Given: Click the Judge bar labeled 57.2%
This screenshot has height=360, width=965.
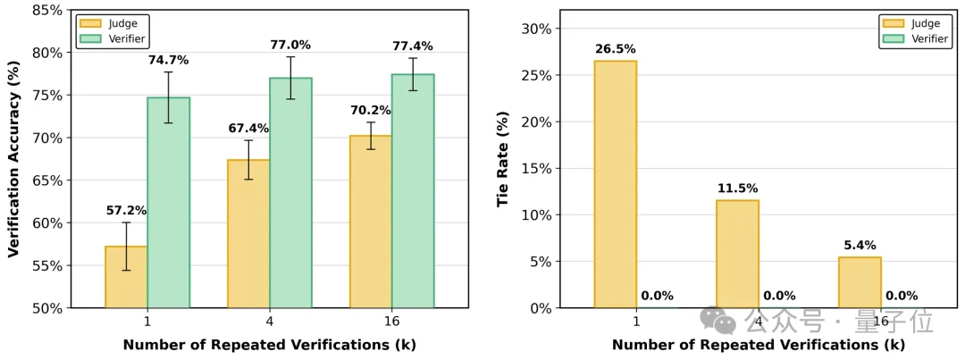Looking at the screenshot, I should pos(126,277).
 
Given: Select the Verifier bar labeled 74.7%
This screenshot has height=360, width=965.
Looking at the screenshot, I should pos(168,203).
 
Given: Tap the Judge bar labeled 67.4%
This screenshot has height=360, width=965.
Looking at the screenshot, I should pos(248,234).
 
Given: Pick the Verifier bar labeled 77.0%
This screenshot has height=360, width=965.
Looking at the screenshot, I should pos(290,193).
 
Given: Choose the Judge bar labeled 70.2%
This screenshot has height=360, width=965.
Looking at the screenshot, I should pos(371,222).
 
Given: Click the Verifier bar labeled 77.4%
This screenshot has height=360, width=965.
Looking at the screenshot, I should pos(413,191).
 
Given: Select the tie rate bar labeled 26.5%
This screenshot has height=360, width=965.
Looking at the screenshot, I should pos(615,184).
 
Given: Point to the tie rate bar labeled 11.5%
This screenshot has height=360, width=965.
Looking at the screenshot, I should pos(737,254).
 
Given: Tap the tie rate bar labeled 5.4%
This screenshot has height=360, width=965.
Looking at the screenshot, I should pos(860,282).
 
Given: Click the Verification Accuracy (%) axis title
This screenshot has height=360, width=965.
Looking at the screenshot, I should pos(13,159).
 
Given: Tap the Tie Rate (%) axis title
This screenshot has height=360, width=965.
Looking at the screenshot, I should pos(503,159).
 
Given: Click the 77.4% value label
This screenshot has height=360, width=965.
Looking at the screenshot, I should pos(412,46).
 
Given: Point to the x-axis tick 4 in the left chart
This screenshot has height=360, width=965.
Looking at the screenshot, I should pos(269,321).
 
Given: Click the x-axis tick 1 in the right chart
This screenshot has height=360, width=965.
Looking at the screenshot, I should pos(636,321).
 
